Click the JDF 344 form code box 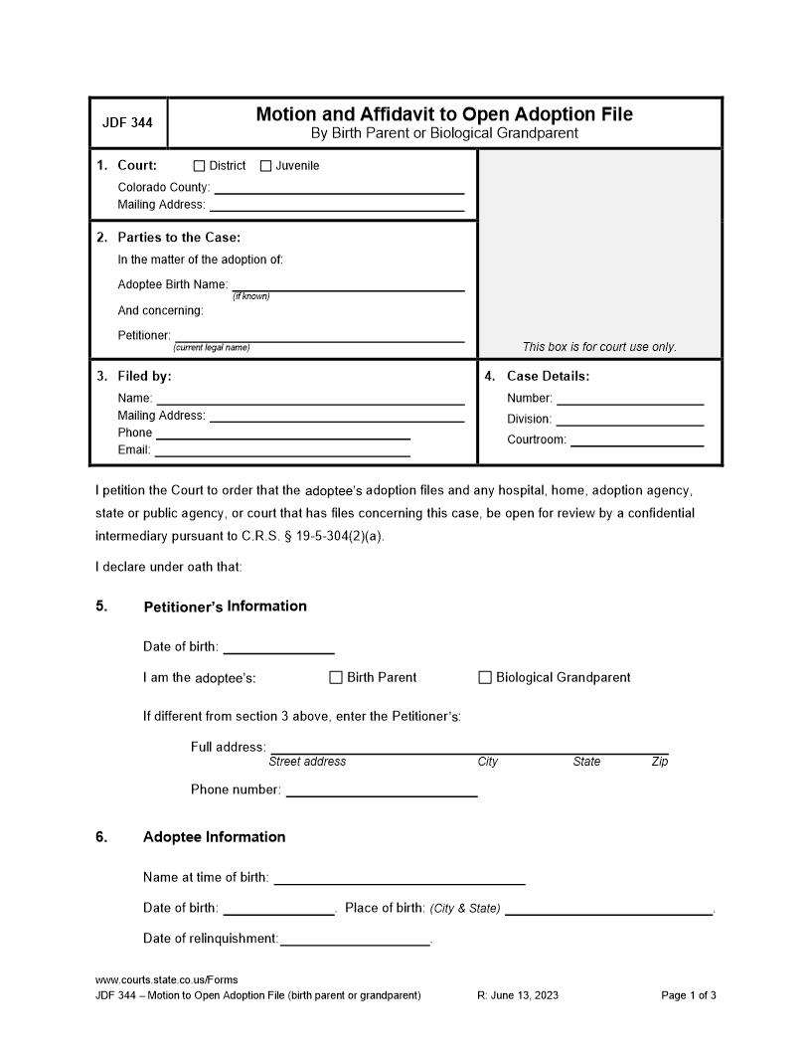(128, 123)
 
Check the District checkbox (199, 166)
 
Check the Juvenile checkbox (265, 166)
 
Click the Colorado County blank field (339, 187)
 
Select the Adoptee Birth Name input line (348, 284)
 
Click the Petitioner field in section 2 (319, 336)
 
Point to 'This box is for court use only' (599, 347)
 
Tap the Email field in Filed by (282, 450)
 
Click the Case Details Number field (630, 399)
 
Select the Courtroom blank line (637, 440)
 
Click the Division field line (630, 420)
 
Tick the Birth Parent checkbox (335, 678)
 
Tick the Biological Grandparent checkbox (485, 678)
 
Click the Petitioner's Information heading (225, 607)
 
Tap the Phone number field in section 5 (382, 790)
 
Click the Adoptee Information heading (214, 837)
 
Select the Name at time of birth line (400, 878)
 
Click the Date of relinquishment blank (355, 940)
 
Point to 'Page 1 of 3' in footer (688, 995)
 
